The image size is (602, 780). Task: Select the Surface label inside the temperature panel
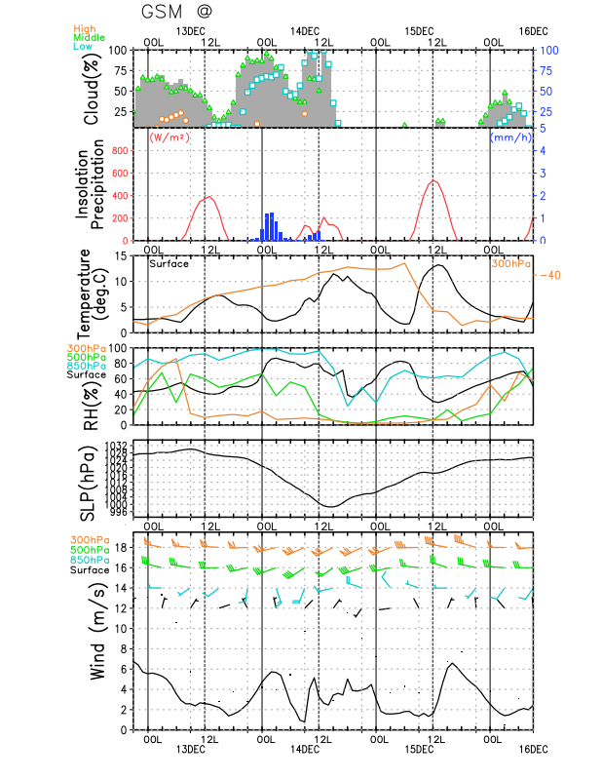169,263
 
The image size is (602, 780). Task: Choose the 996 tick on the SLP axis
119,512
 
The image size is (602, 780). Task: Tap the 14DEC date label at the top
305,30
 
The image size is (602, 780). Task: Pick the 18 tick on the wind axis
122,547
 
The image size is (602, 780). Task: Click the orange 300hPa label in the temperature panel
510,263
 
